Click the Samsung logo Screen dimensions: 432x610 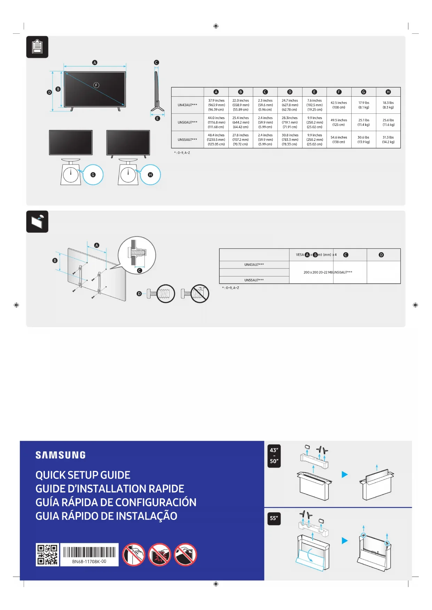point(61,455)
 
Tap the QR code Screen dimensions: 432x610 point(47,555)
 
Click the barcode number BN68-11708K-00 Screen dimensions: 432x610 point(89,561)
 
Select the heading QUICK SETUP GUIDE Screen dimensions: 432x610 point(83,475)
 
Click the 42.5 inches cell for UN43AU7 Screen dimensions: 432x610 point(339,105)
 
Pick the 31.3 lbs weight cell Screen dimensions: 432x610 point(388,139)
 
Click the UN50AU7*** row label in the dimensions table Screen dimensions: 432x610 point(187,122)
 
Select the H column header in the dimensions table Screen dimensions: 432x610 point(388,92)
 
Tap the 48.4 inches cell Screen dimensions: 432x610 point(216,139)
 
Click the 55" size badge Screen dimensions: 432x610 point(274,518)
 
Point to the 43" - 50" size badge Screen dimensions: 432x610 point(274,456)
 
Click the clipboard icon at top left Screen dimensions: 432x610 point(37,47)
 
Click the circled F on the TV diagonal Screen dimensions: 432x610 point(96,85)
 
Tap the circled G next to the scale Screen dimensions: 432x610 point(93,175)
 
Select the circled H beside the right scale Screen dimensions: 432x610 point(150,175)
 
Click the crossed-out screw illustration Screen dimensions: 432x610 point(195,294)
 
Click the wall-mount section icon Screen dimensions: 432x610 point(37,222)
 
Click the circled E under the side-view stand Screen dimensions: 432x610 point(157,119)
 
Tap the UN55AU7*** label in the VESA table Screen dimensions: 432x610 point(254,280)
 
